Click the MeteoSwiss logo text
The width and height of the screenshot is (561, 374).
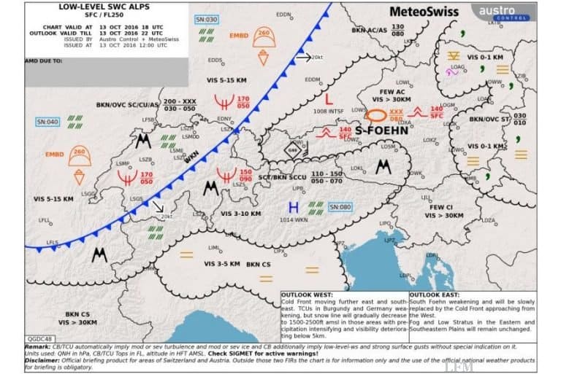[424, 12]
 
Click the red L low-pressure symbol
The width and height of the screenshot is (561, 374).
[328, 97]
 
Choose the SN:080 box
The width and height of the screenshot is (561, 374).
[340, 207]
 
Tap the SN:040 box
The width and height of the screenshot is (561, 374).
[47, 122]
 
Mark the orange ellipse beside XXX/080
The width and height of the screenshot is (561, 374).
[377, 114]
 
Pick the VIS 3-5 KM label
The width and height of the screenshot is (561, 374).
[221, 263]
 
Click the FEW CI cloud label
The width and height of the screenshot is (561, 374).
[442, 207]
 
